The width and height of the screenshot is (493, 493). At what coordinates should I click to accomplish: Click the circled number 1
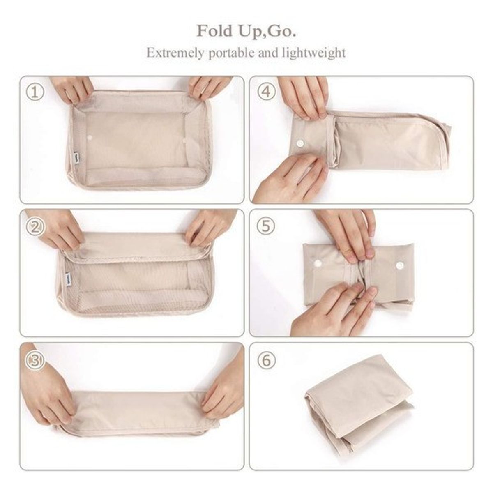click(35, 92)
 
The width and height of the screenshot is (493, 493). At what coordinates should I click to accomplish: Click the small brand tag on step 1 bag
click(74, 158)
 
